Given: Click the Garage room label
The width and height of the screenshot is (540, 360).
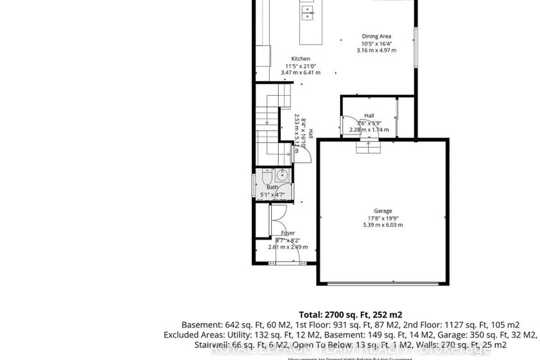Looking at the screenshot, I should (x=382, y=211).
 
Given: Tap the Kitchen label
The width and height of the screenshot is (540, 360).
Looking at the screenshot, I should (x=301, y=59).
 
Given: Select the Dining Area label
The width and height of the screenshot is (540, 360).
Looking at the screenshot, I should (x=377, y=37).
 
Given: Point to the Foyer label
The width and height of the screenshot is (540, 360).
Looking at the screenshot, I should (x=287, y=232).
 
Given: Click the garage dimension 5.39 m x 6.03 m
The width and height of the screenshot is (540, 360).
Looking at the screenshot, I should (x=382, y=225).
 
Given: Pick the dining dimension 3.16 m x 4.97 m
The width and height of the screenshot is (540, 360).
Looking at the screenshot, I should (x=377, y=51).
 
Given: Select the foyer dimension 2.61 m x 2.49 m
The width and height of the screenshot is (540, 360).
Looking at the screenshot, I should (x=288, y=247).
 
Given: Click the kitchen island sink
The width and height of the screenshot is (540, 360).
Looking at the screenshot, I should (x=308, y=11).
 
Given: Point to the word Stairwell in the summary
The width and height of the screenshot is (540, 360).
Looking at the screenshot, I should (x=212, y=346).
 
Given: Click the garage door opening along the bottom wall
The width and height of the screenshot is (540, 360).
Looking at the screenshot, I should (x=383, y=283).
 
